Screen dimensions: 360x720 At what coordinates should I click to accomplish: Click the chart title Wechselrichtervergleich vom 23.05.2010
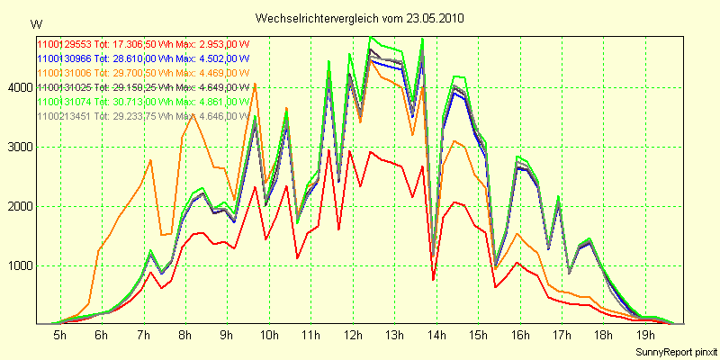pyautogui.click(x=360, y=18)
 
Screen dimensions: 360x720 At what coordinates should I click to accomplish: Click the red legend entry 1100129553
pyautogui.click(x=62, y=43)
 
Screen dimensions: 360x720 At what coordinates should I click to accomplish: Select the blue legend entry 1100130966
pyautogui.click(x=62, y=58)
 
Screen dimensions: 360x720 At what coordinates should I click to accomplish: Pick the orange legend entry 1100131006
pyautogui.click(x=62, y=72)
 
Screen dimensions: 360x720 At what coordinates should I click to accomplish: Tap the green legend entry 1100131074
pyautogui.click(x=62, y=102)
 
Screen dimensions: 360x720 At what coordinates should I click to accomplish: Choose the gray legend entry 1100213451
pyautogui.click(x=62, y=116)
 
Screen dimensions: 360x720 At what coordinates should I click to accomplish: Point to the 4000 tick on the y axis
pyautogui.click(x=18, y=87)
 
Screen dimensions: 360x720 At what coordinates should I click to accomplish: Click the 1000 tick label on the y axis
pyautogui.click(x=18, y=265)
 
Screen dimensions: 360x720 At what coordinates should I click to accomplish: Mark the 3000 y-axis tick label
pyautogui.click(x=18, y=147)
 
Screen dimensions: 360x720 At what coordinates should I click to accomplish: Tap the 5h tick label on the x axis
pyautogui.click(x=59, y=335)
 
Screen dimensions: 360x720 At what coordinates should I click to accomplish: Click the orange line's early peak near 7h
pyautogui.click(x=150, y=160)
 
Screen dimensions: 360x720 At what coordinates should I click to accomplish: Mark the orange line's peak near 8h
pyautogui.click(x=192, y=114)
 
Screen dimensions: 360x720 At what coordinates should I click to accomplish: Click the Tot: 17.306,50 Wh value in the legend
pyautogui.click(x=132, y=43)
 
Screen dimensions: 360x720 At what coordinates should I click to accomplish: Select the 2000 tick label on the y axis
pyautogui.click(x=18, y=206)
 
